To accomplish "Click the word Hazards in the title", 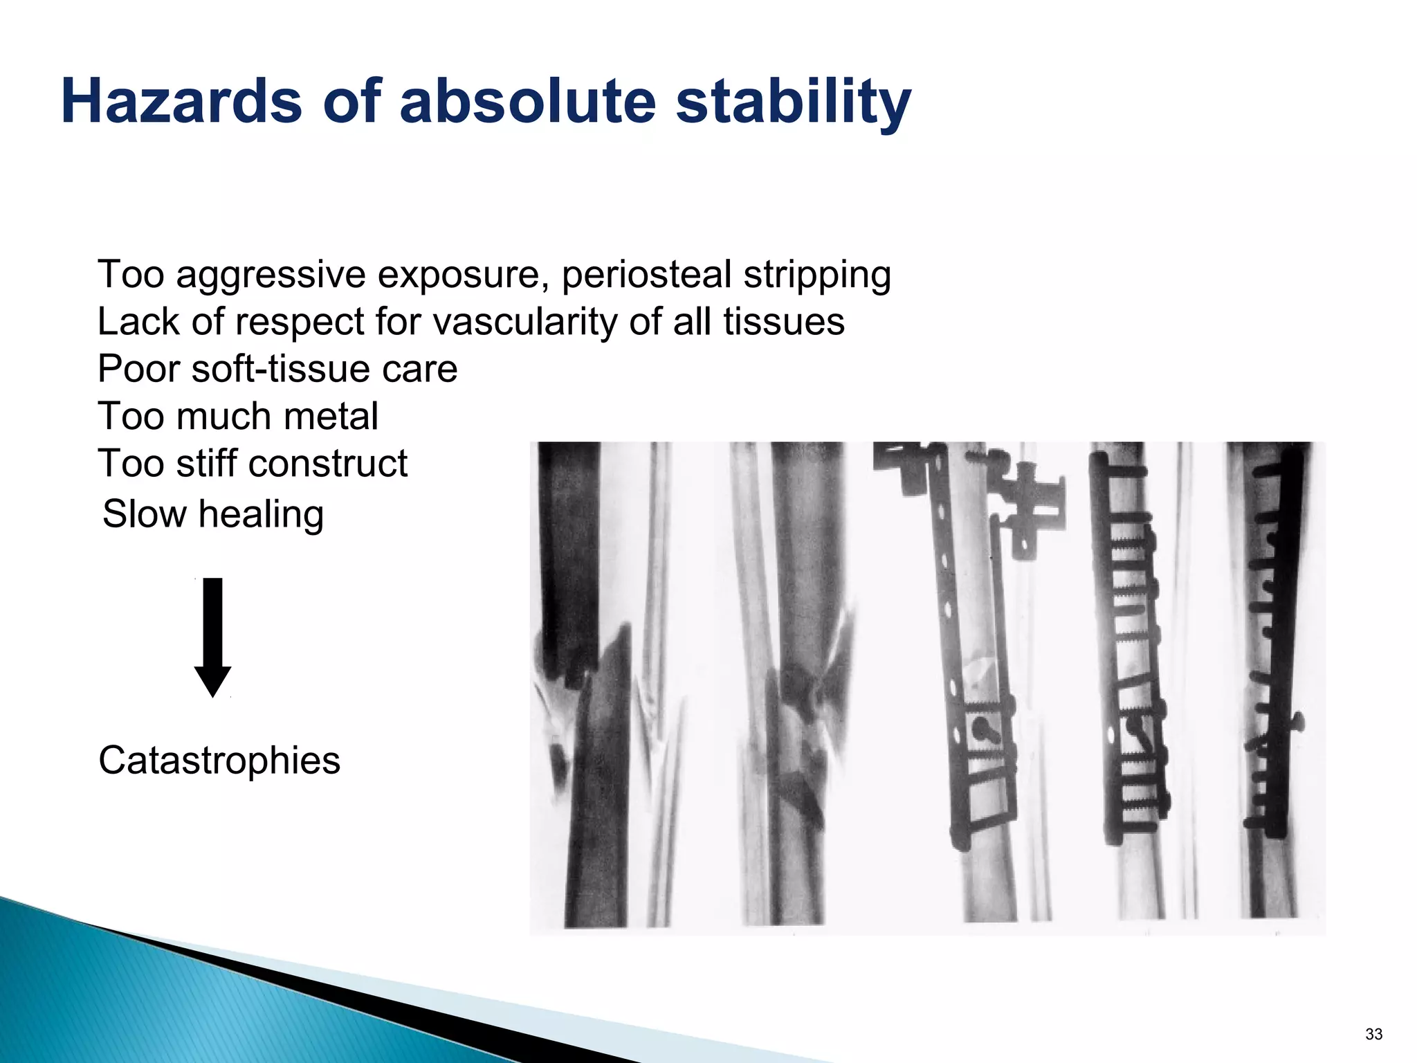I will pyautogui.click(x=181, y=101).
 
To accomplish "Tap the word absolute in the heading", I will pyautogui.click(x=527, y=101).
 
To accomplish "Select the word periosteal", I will pyautogui.click(x=646, y=275).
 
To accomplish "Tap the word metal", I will pyautogui.click(x=331, y=416).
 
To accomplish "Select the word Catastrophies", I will pyautogui.click(x=219, y=761).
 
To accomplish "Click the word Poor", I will pyautogui.click(x=138, y=369).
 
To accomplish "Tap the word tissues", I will pyautogui.click(x=784, y=322).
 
